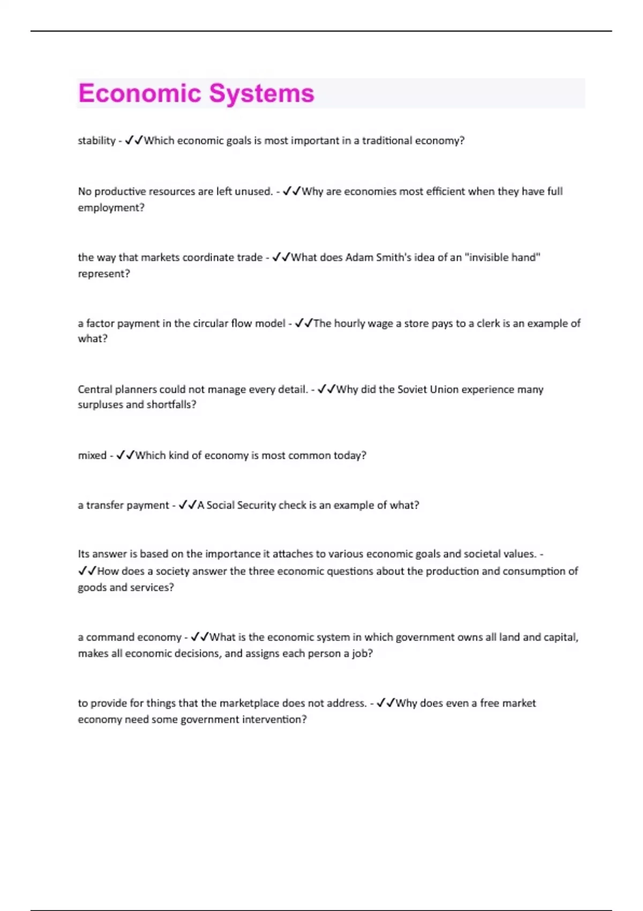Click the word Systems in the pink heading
[261, 93]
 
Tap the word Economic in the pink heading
[139, 93]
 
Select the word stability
[96, 140]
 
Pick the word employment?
[111, 207]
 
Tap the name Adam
[359, 257]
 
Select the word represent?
[104, 273]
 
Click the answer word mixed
[92, 455]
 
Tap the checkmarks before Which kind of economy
[125, 455]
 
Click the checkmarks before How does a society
[87, 571]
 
